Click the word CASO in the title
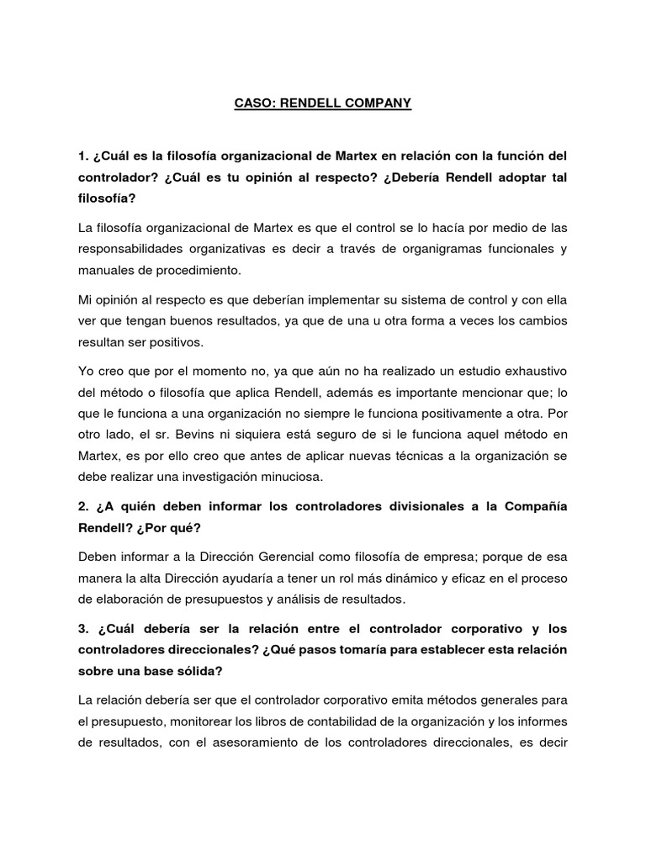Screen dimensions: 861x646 252,104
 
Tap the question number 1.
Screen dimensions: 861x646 82,156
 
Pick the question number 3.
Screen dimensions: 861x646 82,629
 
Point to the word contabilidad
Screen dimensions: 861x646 344,721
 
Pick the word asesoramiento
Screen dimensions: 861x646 257,742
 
